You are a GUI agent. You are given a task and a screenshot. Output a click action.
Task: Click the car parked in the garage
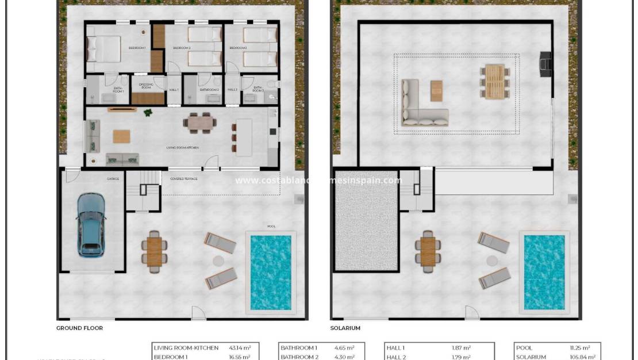91,224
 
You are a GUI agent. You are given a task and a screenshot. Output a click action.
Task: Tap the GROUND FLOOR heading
79,328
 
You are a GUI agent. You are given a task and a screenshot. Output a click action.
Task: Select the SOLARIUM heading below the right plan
345,328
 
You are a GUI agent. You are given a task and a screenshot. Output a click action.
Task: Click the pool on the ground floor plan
271,271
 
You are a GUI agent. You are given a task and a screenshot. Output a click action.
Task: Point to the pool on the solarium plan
544,271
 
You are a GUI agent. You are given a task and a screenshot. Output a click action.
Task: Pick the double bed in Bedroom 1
103,49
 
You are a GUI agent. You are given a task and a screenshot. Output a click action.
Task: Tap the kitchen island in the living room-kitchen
244,137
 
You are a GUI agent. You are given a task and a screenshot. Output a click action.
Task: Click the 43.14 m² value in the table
240,348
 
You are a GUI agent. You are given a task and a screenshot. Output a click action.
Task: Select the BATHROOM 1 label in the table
299,348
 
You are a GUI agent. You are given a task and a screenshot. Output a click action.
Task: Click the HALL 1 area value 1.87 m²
462,348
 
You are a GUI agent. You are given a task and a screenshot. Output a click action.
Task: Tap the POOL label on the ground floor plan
271,227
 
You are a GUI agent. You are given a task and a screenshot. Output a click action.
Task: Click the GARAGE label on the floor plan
113,179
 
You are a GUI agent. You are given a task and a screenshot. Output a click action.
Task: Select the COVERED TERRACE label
184,179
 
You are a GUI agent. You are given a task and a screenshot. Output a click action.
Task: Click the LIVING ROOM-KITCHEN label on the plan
183,148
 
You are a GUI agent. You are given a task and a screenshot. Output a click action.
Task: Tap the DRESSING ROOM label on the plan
146,86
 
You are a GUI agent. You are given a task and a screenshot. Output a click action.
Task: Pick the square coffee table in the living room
121,136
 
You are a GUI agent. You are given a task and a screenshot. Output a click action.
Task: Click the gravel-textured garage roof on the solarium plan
367,220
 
